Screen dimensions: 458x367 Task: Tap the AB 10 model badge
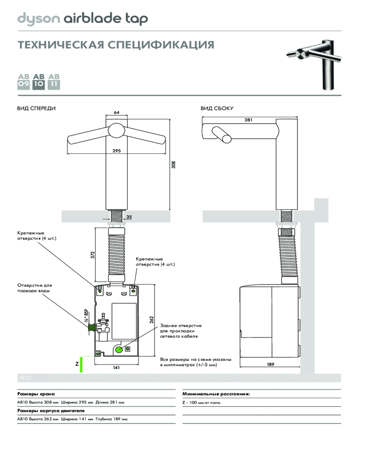39,81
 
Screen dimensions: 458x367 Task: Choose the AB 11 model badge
54,81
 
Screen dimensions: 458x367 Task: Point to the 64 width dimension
117,113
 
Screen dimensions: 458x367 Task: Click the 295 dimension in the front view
116,151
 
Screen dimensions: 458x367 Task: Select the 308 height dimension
173,164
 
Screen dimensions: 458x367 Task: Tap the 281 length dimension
249,120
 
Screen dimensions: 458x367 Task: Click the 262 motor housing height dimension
151,320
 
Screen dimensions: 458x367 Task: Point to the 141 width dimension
116,367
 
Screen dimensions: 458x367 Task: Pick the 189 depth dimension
271,365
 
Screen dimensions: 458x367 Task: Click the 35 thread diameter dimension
129,217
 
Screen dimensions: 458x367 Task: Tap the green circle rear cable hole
119,350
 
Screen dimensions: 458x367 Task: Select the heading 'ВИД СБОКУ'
217,109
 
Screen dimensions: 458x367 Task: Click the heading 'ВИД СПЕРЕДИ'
36,109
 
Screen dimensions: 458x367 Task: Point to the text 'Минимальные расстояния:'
216,393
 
